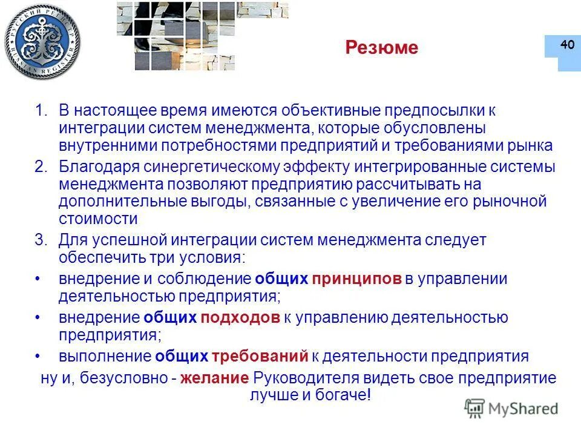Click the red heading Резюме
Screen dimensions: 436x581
point(381,48)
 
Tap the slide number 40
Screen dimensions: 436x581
point(567,45)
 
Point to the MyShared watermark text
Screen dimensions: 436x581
point(522,409)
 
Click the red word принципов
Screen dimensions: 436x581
point(357,279)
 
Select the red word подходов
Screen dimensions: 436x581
point(240,317)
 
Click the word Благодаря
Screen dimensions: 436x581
point(97,167)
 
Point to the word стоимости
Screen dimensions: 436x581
point(98,218)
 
